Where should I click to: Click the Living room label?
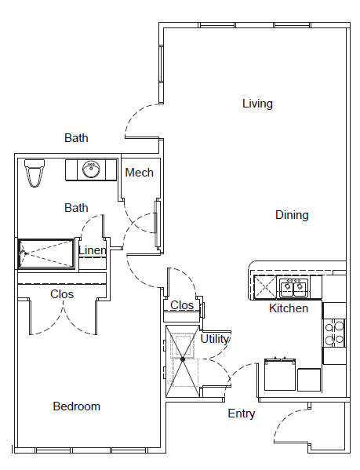[257, 104]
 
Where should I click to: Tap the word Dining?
[292, 215]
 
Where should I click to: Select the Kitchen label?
[289, 308]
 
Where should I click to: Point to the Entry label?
[241, 414]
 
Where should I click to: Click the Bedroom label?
[76, 406]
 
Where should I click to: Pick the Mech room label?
[140, 173]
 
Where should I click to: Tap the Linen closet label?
[93, 250]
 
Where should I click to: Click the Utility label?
[214, 339]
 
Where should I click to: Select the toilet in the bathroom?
[35, 173]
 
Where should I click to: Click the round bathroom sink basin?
[91, 169]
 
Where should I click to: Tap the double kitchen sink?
[294, 288]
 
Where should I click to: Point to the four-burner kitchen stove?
[334, 333]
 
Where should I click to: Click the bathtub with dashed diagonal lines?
[46, 253]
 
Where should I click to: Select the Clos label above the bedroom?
[62, 294]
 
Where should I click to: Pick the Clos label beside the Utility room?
[182, 305]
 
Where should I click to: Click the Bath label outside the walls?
[76, 138]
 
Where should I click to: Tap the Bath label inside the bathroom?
[76, 208]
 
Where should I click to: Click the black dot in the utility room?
[183, 359]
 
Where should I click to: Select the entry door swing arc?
[284, 419]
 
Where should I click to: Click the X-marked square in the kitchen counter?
[265, 287]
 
